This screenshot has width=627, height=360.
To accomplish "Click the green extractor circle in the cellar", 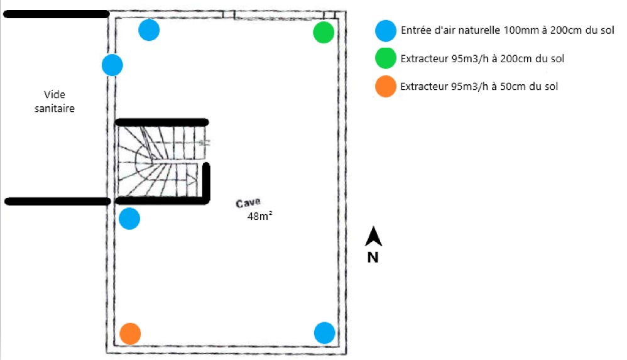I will pos(324,32).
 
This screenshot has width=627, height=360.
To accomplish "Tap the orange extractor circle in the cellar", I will pos(130,333).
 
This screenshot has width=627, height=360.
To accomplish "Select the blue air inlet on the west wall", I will pos(112,65).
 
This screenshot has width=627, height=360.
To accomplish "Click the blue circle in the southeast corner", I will pos(324,332).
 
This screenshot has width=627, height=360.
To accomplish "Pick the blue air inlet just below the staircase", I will pos(129,219).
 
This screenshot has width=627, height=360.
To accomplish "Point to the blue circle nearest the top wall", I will pos(149,30).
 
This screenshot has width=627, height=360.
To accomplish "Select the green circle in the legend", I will pos(386,58).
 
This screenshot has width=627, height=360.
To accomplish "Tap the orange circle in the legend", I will pos(386,86).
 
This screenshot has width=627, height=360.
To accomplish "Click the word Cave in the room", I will pos(249,204).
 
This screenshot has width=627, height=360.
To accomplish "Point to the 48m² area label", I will pos(260,216).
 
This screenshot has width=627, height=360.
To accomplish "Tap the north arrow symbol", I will pos(374,237).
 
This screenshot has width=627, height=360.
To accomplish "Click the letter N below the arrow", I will pos(373,257).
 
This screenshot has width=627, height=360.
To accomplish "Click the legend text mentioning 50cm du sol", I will pos(479,87).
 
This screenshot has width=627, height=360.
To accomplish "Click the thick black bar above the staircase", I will pos(161,121).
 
